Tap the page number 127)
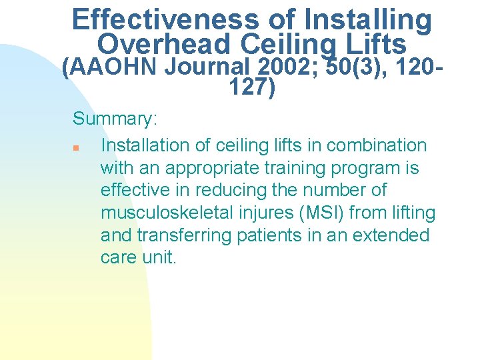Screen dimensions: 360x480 (252, 88)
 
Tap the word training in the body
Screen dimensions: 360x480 (305, 167)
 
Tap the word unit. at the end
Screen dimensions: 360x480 (160, 258)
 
